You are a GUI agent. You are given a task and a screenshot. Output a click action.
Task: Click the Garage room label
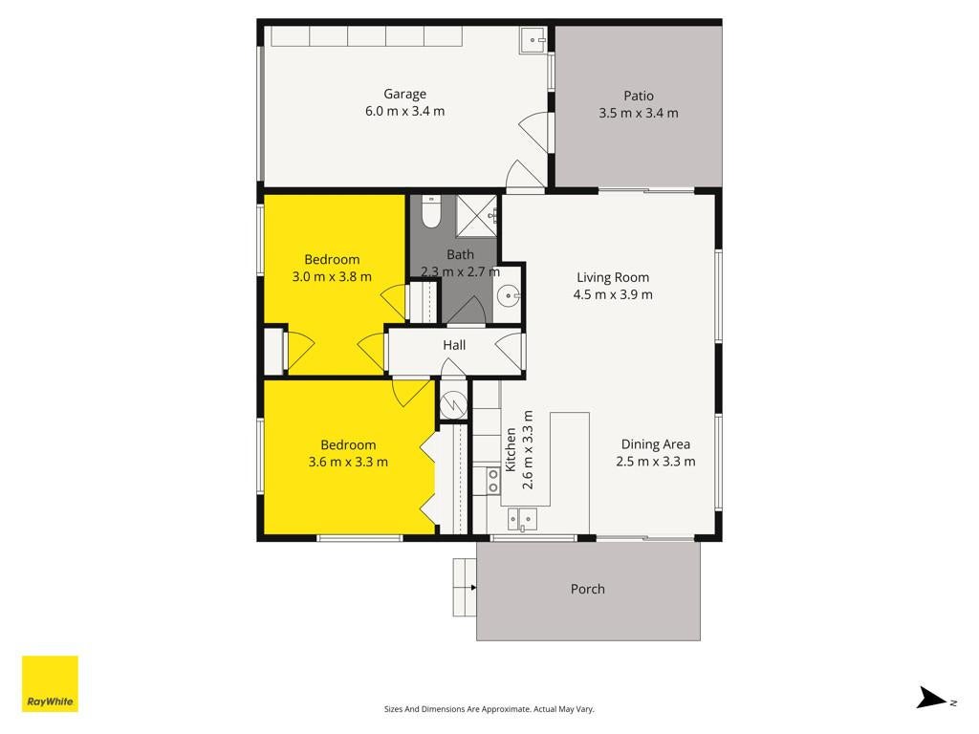tap(404, 95)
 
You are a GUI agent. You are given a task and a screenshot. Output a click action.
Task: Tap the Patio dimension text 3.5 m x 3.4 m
tap(638, 113)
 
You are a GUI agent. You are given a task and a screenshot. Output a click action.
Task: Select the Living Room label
tap(613, 278)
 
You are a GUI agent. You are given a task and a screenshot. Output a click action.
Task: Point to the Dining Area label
tap(656, 444)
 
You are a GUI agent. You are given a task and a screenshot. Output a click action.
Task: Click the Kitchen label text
tap(511, 449)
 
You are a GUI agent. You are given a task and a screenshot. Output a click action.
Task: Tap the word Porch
tap(588, 589)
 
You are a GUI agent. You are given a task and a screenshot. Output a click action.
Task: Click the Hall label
tap(454, 345)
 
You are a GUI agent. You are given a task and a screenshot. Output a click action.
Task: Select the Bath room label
tap(460, 254)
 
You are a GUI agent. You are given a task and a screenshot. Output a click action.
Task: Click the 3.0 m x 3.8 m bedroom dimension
tap(332, 276)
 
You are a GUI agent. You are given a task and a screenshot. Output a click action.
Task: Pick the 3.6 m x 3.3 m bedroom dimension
tap(348, 462)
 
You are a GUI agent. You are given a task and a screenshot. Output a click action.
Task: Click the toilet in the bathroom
tap(431, 211)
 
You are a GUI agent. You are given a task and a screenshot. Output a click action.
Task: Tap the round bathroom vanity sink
tap(509, 295)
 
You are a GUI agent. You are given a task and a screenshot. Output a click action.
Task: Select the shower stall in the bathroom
tap(476, 216)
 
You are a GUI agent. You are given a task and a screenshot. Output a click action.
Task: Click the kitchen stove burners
tap(493, 481)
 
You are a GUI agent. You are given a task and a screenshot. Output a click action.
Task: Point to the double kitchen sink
tap(522, 519)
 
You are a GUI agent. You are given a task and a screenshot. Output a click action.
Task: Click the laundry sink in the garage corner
tap(533, 40)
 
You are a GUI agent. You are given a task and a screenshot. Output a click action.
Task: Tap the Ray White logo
tap(50, 683)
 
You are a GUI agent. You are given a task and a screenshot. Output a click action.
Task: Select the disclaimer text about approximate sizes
tap(489, 709)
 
